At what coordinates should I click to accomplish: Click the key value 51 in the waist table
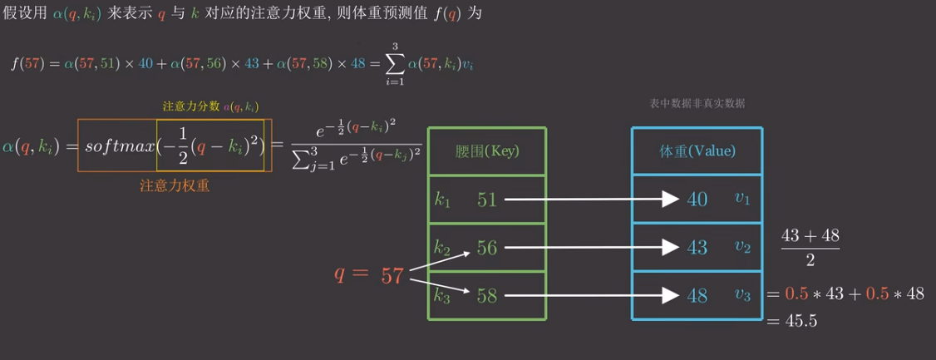[x=486, y=200]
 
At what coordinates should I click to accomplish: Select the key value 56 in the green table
[x=486, y=248]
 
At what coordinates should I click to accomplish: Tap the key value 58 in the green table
[x=486, y=295]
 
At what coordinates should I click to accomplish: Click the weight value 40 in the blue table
[x=697, y=200]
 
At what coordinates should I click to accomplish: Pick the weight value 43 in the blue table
[x=697, y=248]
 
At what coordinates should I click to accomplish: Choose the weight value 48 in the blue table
[x=697, y=295]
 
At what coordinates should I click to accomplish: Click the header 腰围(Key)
[x=487, y=152]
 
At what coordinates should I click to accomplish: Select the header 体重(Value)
[x=697, y=152]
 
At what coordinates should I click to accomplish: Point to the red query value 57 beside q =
[x=392, y=275]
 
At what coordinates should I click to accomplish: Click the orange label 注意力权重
[x=175, y=186]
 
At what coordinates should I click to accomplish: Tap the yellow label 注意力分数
[x=190, y=106]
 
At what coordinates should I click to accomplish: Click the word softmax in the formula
[x=120, y=146]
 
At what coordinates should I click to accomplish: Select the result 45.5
[x=801, y=320]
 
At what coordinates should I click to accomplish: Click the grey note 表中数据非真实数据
[x=697, y=104]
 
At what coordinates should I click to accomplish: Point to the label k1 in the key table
[x=441, y=200]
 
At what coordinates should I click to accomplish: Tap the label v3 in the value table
[x=742, y=294]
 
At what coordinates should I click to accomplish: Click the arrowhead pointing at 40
[x=671, y=200]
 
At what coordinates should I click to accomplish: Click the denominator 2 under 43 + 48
[x=810, y=260]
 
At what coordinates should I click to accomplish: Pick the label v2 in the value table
[x=742, y=247]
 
